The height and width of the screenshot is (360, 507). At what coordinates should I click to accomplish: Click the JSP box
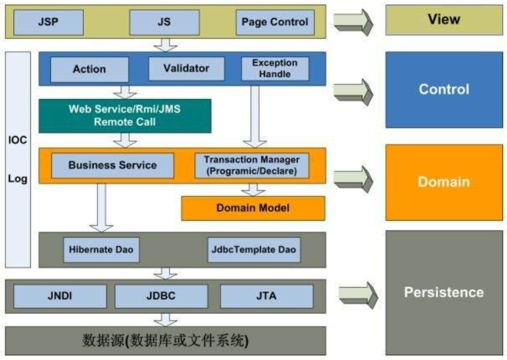coord(48,21)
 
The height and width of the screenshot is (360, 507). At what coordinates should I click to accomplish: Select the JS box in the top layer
coord(164,21)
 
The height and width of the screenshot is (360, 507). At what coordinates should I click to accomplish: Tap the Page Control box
coord(275,21)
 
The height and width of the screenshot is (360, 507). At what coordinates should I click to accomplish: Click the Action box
coord(89,69)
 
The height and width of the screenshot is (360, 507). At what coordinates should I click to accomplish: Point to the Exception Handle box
coord(275,68)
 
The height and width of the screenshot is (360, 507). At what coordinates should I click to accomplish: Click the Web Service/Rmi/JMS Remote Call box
coord(125,116)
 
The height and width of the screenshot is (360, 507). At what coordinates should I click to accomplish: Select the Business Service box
coord(112,165)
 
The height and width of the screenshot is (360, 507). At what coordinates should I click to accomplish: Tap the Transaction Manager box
coord(252,165)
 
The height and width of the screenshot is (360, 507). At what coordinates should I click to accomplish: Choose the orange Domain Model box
coord(252,208)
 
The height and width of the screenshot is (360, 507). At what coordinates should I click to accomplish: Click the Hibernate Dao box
coord(101,250)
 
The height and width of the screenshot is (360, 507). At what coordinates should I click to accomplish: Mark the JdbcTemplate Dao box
coord(252,250)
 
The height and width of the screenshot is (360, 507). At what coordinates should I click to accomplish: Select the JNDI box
coord(60,296)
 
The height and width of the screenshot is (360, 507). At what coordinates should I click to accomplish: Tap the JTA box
coord(266,296)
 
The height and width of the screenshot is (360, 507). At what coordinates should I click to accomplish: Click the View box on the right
coord(443,19)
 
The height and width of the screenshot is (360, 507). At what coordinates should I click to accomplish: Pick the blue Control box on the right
coord(443,89)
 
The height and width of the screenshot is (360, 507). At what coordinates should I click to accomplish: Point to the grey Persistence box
coord(443,292)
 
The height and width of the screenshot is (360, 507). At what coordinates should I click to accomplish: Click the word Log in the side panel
coord(17,179)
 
